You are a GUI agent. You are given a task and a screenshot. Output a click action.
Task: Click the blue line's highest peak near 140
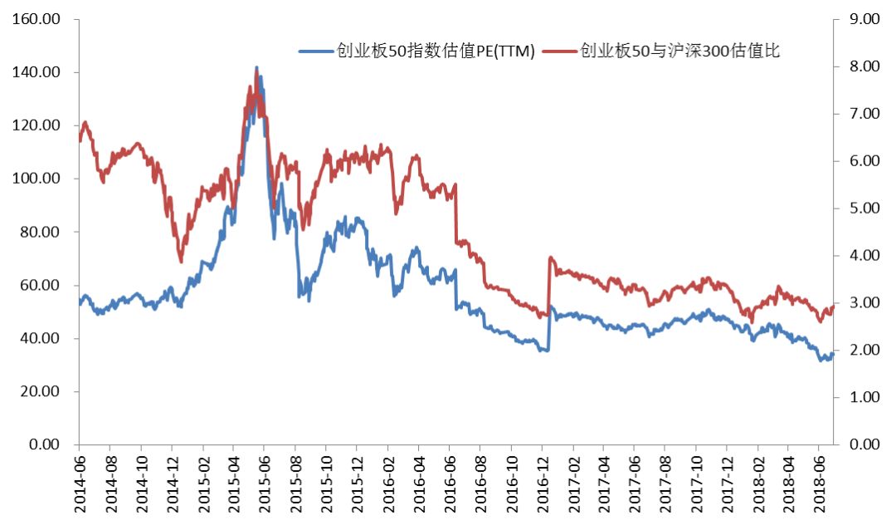click(256, 68)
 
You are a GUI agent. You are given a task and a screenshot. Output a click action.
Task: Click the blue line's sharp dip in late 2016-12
click(545, 351)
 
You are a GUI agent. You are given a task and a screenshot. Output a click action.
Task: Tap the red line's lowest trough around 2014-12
click(181, 262)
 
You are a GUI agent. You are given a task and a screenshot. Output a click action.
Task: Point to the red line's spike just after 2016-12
click(551, 258)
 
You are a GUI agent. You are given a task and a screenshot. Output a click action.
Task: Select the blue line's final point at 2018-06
click(833, 353)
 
